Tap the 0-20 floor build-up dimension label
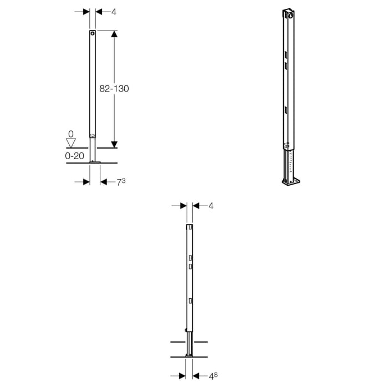[74, 156]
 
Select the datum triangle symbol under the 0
[70, 143]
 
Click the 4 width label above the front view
[114, 11]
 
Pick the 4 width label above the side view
[211, 206]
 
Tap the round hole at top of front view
[93, 34]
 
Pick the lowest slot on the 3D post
[286, 110]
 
